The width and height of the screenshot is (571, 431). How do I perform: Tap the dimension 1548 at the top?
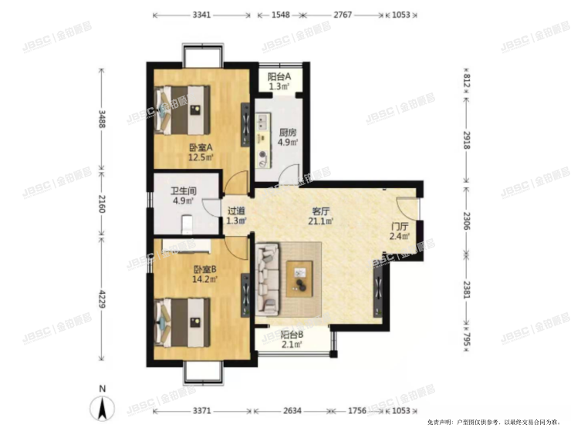tap(280, 15)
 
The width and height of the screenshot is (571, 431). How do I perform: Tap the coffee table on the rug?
tap(299, 278)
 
